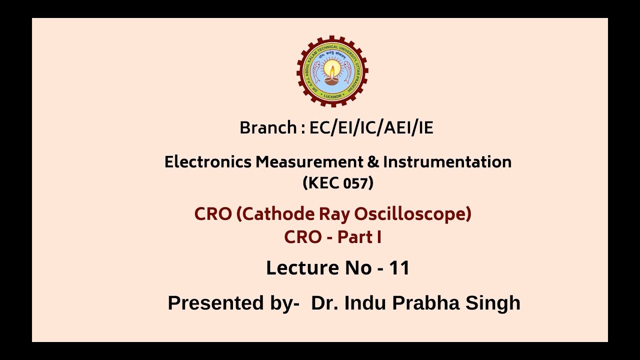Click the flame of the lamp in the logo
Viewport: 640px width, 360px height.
(x=332, y=67)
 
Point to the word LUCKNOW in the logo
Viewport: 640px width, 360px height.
(x=332, y=95)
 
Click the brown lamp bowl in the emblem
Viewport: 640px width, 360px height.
(x=332, y=79)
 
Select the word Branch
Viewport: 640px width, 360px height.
(x=268, y=128)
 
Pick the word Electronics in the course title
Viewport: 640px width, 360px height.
(x=208, y=162)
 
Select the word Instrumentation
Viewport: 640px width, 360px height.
(x=447, y=162)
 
